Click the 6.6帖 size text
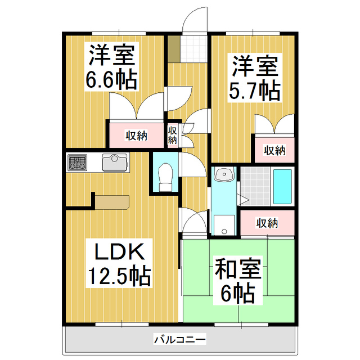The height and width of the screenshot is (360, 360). [x=111, y=80]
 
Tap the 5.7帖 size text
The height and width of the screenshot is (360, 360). [x=255, y=90]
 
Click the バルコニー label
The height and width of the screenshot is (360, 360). [x=180, y=340]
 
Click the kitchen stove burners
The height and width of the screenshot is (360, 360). [x=76, y=164]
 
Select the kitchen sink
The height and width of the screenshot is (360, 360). [x=115, y=163]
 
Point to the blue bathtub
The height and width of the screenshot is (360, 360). [x=282, y=187]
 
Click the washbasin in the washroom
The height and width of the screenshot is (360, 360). [x=223, y=176]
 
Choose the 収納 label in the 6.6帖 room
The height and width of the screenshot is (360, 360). [x=136, y=135]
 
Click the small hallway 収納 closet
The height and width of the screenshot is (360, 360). [x=173, y=135]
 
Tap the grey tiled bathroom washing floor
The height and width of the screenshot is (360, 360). [x=256, y=187]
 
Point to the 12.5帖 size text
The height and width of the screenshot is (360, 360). [x=118, y=276]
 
